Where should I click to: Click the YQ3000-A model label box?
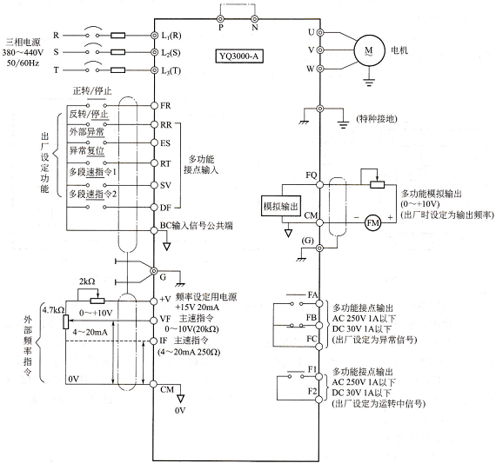(x=239, y=56)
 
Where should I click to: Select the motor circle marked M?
(x=369, y=50)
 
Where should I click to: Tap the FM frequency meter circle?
(x=372, y=223)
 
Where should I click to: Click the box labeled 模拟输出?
(x=281, y=206)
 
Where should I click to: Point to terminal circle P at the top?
(x=220, y=18)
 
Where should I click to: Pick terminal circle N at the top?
(x=255, y=18)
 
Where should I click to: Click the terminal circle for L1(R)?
(x=154, y=36)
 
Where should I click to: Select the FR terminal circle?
(x=154, y=105)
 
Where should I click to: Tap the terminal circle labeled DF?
(x=154, y=208)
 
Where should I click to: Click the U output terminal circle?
(x=320, y=32)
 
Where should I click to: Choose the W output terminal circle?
(x=320, y=69)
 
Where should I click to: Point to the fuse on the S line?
(x=117, y=52)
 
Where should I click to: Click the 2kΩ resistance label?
(x=87, y=281)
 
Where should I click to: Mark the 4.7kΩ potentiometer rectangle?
(x=66, y=321)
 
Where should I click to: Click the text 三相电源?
(x=23, y=42)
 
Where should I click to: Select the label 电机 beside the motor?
(x=399, y=50)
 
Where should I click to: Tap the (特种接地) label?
(x=377, y=119)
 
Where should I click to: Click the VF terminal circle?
(x=154, y=321)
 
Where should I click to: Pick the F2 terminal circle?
(x=319, y=400)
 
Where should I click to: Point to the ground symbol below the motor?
(x=369, y=82)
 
